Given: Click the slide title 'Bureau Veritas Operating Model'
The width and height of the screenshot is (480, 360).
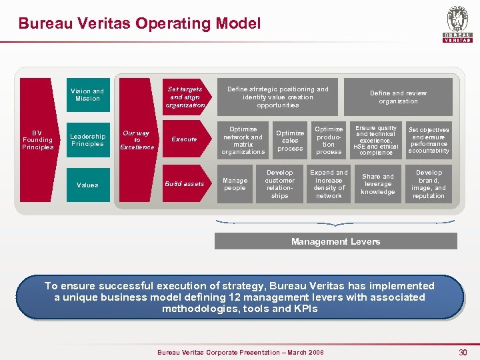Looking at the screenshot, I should (139, 24).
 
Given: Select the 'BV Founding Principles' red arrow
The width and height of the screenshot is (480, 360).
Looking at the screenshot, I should (38, 140).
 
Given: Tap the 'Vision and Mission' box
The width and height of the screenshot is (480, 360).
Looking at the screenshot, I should (87, 95).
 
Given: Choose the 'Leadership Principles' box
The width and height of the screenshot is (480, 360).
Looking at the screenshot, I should (87, 140).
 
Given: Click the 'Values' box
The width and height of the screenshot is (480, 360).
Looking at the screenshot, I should (87, 185).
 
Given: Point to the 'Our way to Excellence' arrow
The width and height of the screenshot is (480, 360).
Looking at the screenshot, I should (137, 140).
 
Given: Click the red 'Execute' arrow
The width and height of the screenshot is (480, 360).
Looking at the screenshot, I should (185, 139).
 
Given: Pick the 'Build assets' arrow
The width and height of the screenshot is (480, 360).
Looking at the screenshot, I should (185, 184).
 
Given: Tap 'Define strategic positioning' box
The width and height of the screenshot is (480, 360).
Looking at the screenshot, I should (278, 97).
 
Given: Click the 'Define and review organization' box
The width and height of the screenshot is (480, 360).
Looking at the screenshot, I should (398, 97).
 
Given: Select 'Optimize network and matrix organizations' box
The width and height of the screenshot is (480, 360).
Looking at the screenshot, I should (243, 140).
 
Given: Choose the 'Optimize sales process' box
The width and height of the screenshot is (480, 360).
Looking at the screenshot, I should (290, 140).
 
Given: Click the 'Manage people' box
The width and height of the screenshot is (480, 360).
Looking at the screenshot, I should (235, 184).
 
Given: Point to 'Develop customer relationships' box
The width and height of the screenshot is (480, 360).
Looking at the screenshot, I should (280, 184).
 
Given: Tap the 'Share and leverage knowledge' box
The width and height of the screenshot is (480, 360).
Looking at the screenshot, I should (378, 184).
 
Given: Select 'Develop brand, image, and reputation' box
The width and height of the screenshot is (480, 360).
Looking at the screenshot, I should (429, 184).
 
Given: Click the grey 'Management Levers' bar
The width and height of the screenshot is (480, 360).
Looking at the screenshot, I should (335, 241).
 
